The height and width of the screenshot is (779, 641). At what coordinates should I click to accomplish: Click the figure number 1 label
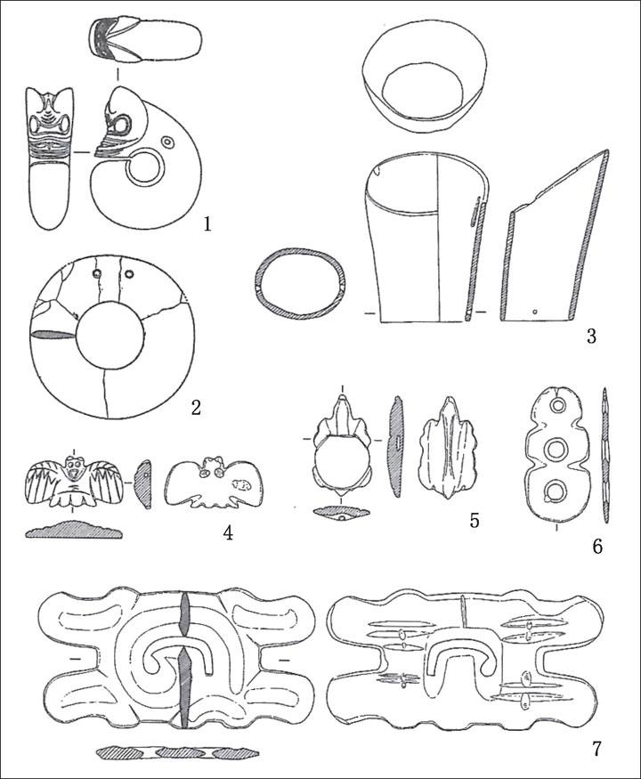point(207,224)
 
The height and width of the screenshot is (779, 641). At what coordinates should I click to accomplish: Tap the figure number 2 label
point(196,408)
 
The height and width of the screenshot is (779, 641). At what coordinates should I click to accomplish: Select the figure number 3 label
point(591,337)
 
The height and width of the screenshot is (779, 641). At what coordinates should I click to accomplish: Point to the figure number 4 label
point(229,532)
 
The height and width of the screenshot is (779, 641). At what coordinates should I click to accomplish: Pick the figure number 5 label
point(475,520)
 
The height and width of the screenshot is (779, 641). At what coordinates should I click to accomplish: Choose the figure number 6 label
point(597,547)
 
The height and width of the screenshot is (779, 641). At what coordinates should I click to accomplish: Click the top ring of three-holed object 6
point(555,406)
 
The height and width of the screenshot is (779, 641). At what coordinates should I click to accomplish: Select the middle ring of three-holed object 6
point(555,450)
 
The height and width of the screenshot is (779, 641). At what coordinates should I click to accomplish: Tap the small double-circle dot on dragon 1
point(168,143)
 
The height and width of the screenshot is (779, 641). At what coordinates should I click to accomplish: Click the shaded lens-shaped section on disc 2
point(53,336)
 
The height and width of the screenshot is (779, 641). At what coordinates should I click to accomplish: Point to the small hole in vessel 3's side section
point(534,312)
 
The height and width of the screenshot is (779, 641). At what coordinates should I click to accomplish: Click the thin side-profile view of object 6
point(605,455)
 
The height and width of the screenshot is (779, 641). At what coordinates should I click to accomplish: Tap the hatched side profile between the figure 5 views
point(395,447)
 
